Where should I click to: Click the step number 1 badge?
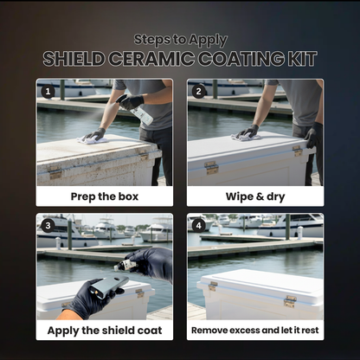pyautogui.click(x=48, y=90)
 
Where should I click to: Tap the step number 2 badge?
pyautogui.click(x=198, y=90)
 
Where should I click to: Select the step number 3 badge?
pyautogui.click(x=48, y=225)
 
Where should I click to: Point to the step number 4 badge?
pyautogui.click(x=198, y=225)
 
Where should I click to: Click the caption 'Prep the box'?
pyautogui.click(x=105, y=196)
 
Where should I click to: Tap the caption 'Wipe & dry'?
pyautogui.click(x=254, y=196)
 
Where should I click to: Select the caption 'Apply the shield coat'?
pyautogui.click(x=105, y=330)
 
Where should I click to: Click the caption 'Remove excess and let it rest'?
pyautogui.click(x=254, y=330)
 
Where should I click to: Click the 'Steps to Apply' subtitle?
pyautogui.click(x=180, y=39)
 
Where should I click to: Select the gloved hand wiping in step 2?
pyautogui.click(x=247, y=132)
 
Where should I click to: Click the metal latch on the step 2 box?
pyautogui.click(x=211, y=167)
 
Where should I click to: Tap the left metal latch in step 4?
pyautogui.click(x=212, y=286)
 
